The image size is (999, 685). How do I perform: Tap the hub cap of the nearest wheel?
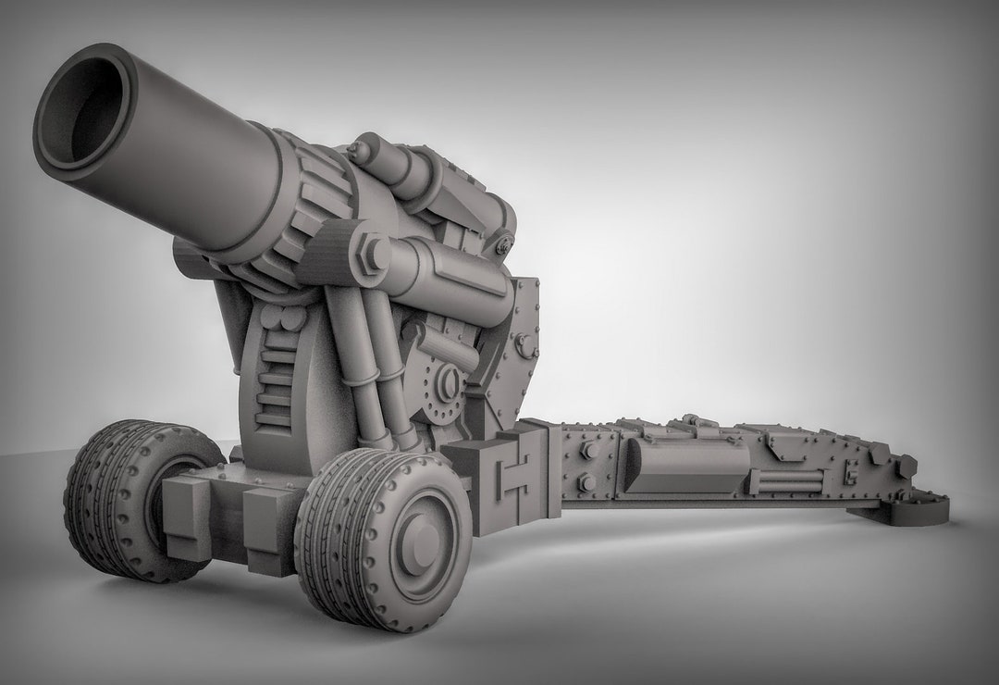(422, 542)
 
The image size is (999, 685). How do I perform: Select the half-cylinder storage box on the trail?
(685, 464)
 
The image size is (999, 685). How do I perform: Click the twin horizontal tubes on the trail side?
(786, 481)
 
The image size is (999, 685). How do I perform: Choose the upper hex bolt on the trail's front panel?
(587, 451)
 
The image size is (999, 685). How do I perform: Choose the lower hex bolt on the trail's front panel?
(586, 483)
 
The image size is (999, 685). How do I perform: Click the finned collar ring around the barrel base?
(305, 199)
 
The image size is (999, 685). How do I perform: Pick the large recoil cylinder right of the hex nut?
(453, 274)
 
